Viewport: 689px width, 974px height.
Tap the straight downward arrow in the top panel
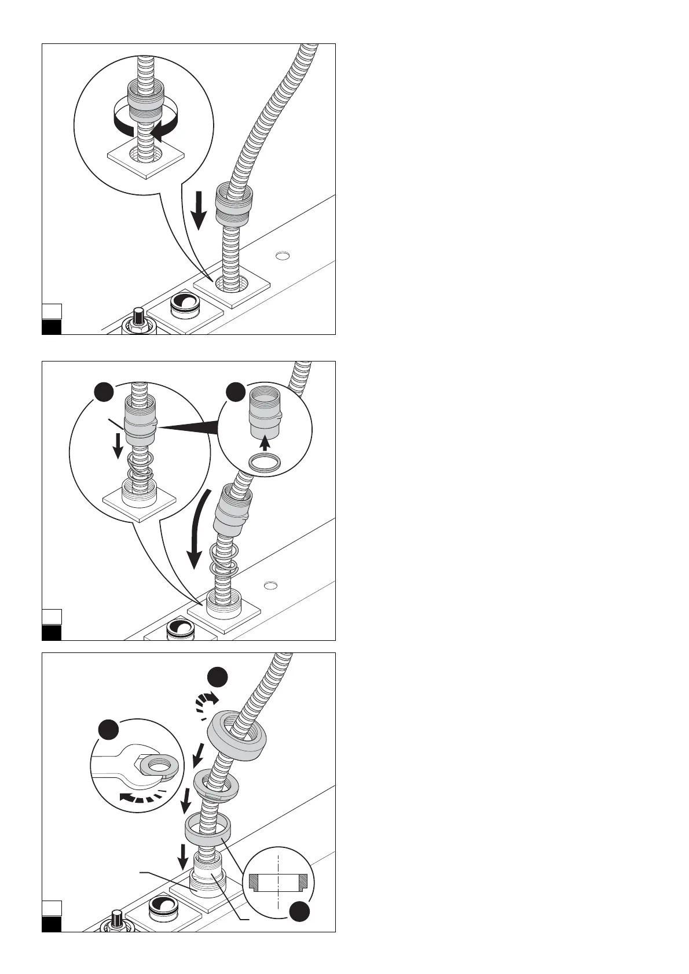199,211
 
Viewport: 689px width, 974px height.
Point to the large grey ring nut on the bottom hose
237,735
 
